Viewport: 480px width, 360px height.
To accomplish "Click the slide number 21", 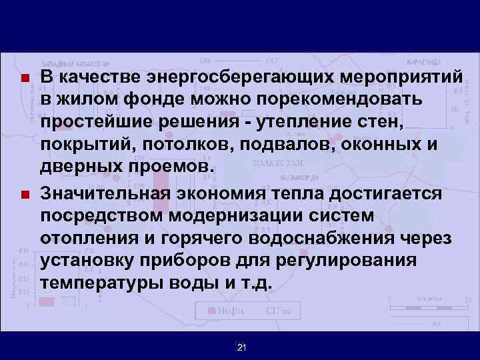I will click(x=241, y=347).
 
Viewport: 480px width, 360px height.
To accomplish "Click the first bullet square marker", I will click(x=25, y=78).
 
